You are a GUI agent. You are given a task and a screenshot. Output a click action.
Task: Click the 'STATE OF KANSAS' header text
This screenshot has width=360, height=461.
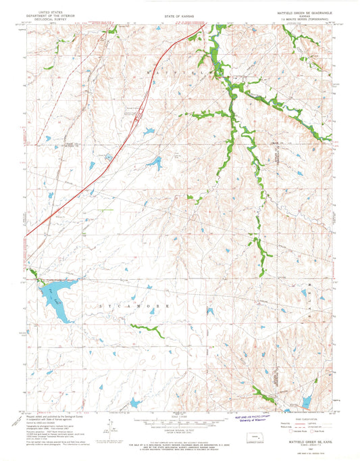click(x=179, y=15)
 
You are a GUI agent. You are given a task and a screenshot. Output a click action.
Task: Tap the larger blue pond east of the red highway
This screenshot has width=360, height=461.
click(x=155, y=163)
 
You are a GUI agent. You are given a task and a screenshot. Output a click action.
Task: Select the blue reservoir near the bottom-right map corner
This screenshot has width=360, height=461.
click(x=306, y=403)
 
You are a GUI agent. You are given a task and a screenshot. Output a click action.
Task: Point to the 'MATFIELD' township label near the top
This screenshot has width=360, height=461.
click(x=179, y=70)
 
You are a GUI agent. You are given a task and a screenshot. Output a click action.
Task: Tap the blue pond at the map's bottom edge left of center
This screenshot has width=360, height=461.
click(x=135, y=404)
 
